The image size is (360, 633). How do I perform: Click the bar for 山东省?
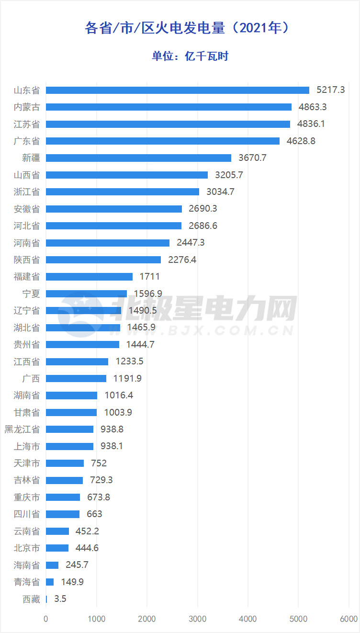click(x=177, y=90)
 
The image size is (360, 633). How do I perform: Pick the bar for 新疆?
click(x=138, y=158)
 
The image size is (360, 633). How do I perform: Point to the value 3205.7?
click(x=228, y=175)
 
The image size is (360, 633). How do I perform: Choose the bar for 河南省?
click(x=108, y=243)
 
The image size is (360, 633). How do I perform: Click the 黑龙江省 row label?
click(x=22, y=430)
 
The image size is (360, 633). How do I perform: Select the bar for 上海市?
click(x=69, y=446)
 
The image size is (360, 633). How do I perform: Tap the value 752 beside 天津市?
click(x=99, y=463)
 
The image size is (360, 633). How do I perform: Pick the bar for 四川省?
click(x=63, y=514)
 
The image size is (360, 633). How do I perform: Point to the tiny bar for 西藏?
click(x=46, y=599)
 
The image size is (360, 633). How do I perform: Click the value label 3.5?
click(x=60, y=599)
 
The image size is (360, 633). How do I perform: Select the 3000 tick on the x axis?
click(x=197, y=619)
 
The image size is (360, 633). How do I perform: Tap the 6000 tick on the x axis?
click(x=349, y=619)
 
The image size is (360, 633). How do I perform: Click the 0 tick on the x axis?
click(x=46, y=619)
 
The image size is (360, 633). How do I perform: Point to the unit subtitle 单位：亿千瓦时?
click(x=190, y=56)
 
